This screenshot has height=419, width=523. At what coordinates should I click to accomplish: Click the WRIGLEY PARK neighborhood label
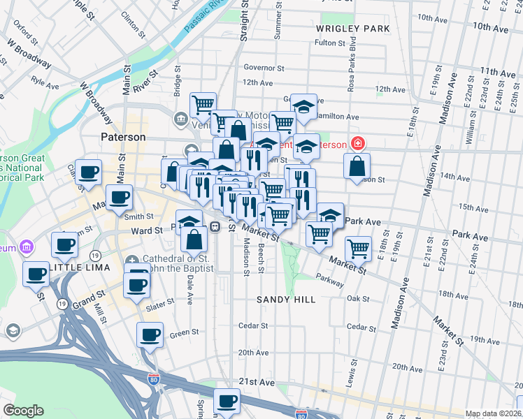[352, 29]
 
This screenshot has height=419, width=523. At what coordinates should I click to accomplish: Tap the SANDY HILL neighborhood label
[285, 299]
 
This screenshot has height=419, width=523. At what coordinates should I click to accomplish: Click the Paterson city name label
[122, 138]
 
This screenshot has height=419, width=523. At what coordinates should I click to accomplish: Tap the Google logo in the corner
[23, 410]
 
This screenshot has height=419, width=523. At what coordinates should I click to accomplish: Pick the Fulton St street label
[330, 43]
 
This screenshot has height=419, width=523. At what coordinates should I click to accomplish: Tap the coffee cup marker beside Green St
[150, 335]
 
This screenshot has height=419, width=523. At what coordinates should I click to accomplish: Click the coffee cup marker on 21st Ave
[227, 401]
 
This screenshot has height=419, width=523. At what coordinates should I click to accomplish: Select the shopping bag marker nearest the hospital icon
[357, 166]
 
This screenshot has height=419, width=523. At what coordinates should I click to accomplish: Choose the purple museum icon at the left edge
[27, 247]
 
